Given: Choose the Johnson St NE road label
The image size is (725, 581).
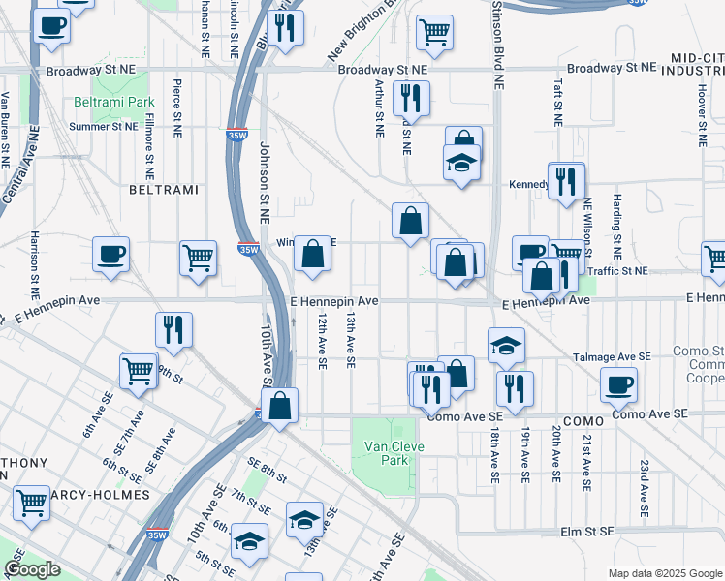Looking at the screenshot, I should [264, 178].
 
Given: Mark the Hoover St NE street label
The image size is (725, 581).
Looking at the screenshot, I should [700, 107].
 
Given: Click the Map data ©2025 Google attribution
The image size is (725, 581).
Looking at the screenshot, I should [665, 572].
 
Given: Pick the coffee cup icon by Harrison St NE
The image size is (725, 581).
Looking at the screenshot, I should [110, 255].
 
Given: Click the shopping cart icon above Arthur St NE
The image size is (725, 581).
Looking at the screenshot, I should [434, 31].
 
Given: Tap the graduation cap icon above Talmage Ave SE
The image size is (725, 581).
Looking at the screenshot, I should [505, 346].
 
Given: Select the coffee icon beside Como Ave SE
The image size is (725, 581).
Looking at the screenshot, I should [618, 384].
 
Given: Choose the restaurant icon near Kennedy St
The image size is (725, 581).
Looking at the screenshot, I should [566, 179].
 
